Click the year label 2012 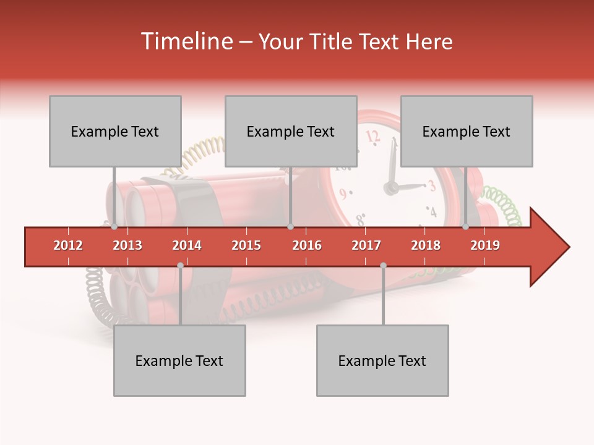pyautogui.click(x=68, y=245)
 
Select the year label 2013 pyautogui.click(x=127, y=245)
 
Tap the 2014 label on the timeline pyautogui.click(x=187, y=245)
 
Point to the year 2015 pyautogui.click(x=246, y=245)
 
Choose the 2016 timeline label pyautogui.click(x=307, y=245)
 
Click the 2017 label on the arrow pyautogui.click(x=366, y=245)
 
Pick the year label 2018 pyautogui.click(x=426, y=245)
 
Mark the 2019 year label pyautogui.click(x=485, y=245)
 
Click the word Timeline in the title pyautogui.click(x=186, y=41)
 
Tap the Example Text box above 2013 pyautogui.click(x=115, y=131)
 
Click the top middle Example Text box pyautogui.click(x=291, y=131)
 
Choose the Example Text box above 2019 pyautogui.click(x=467, y=131)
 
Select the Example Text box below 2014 pyautogui.click(x=179, y=360)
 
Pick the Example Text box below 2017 pyautogui.click(x=382, y=360)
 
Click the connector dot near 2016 pyautogui.click(x=290, y=227)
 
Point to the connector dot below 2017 pyautogui.click(x=383, y=265)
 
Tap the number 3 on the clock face pyautogui.click(x=432, y=185)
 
